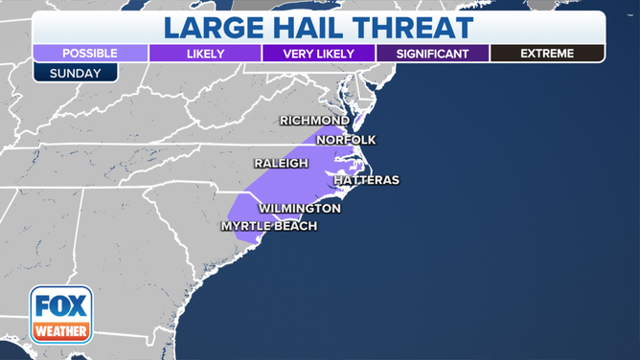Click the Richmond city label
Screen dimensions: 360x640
[x=313, y=121]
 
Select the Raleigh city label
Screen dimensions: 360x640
[x=281, y=164]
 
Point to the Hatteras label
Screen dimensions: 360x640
[x=366, y=180]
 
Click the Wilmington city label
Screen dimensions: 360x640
[x=299, y=208]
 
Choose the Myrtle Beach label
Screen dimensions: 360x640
[x=268, y=226]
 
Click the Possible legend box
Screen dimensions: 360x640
[x=90, y=54]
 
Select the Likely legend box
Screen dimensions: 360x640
[x=204, y=54]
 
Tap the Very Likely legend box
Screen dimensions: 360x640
[x=318, y=54]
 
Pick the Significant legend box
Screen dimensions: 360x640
[x=432, y=54]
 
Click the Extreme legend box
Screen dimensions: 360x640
[x=547, y=54]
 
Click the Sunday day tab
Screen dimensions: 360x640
[x=75, y=72]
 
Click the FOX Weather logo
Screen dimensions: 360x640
[x=61, y=314]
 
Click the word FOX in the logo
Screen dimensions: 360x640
[x=61, y=307]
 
